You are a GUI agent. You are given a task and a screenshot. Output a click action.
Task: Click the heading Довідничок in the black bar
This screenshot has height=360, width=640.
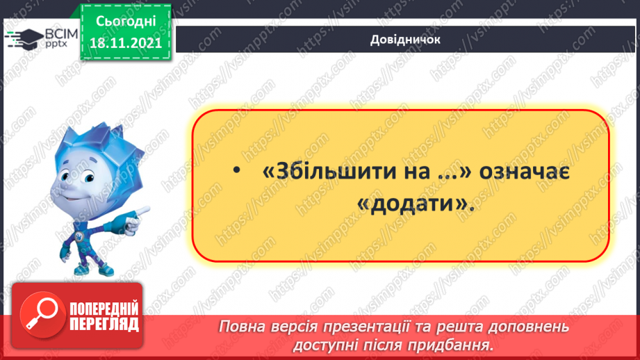[x=406, y=39]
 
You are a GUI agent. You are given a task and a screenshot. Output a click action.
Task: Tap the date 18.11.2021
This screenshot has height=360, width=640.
[x=126, y=43]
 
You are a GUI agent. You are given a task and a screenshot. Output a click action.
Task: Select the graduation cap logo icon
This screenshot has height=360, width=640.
[x=23, y=38]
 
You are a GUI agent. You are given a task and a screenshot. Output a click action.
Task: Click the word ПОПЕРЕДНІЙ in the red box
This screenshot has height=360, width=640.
[x=103, y=309]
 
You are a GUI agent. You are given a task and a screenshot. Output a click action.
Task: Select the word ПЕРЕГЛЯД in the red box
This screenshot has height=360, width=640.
[x=103, y=324]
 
